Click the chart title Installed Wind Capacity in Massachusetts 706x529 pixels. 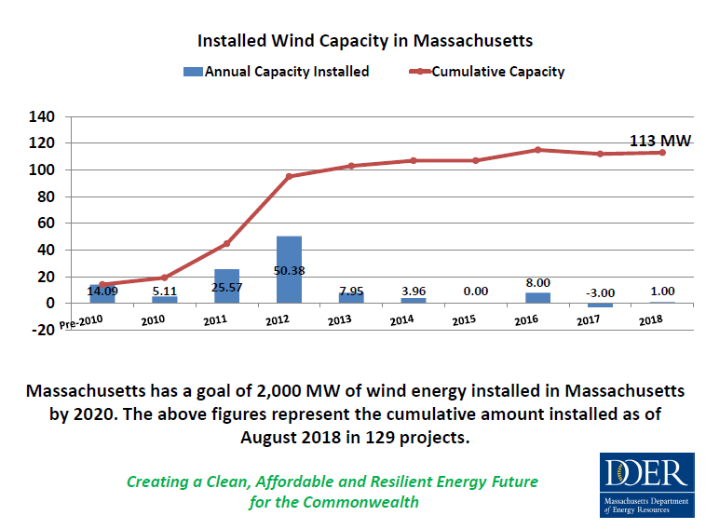coord(364,42)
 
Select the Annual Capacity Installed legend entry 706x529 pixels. coord(277,72)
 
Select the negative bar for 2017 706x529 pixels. coord(600,305)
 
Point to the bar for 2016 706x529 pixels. coord(537,298)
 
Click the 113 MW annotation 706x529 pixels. coord(660,142)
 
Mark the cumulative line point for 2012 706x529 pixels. coord(289,176)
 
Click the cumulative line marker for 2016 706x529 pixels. coord(538,150)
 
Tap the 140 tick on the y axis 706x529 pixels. coord(43,116)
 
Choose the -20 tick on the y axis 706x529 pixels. coord(41,330)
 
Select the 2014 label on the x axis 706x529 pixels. coord(401,321)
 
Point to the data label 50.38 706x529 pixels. coord(289,271)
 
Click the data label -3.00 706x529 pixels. coord(600,292)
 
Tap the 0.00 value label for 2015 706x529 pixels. coord(475,292)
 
